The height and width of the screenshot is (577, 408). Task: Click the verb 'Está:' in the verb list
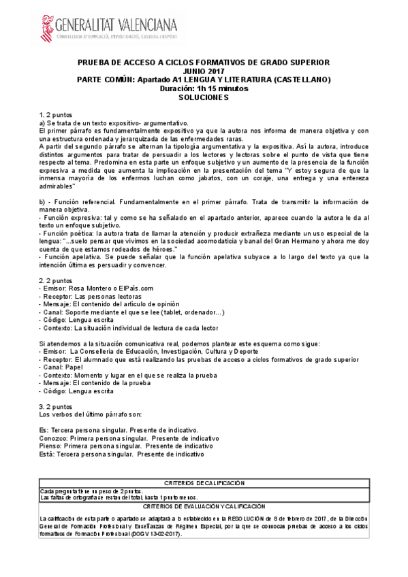pyautogui.click(x=48, y=453)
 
